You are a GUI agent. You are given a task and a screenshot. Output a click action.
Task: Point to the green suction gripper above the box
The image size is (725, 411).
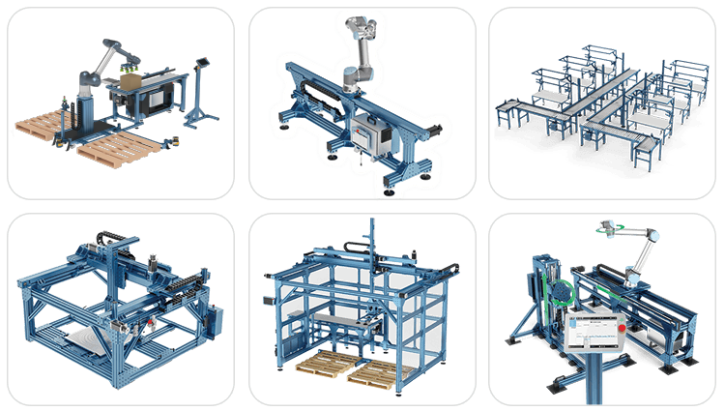point(130,69)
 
